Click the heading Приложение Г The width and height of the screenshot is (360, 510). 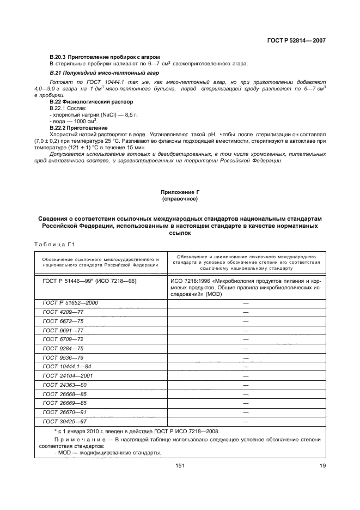point(180,193)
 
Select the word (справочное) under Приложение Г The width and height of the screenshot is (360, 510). point(180,199)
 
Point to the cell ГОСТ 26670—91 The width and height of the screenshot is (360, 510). point(64,412)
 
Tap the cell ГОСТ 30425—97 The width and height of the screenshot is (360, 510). point(64,422)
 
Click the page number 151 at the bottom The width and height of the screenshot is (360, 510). point(180,465)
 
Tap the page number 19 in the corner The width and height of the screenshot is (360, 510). point(322,465)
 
